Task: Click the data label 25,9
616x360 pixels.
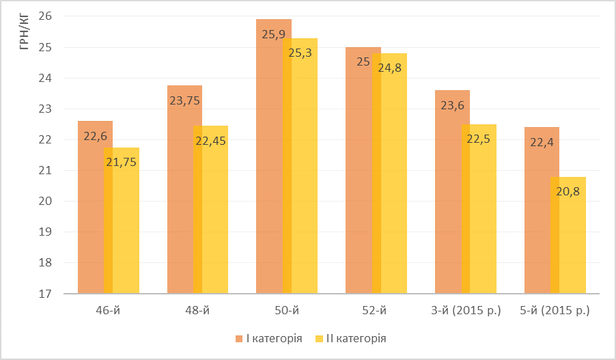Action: point(273,34)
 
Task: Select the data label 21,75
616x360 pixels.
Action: point(122,163)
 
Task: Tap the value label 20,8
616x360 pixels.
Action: point(568,192)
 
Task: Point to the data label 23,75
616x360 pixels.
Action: point(184,100)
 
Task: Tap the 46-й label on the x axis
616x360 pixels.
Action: point(109,311)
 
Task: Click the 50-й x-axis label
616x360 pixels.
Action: point(287,311)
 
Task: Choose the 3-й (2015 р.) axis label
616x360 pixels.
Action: point(466,311)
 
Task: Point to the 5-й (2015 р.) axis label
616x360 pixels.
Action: point(555,311)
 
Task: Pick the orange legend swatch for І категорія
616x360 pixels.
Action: point(238,338)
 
